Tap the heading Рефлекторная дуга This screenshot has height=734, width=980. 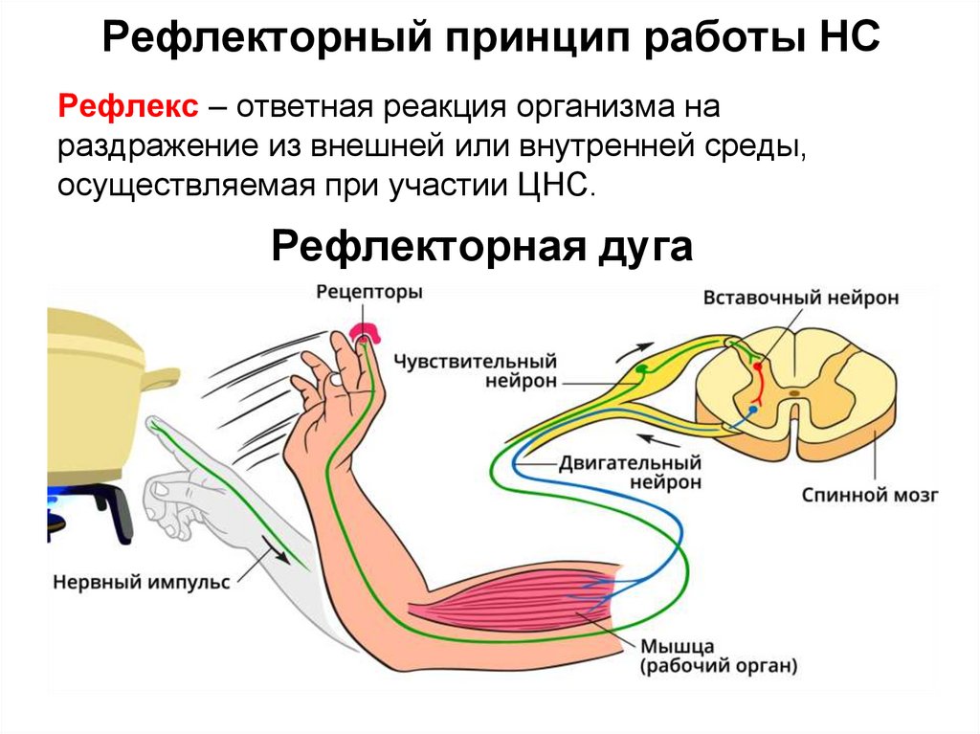click(481, 248)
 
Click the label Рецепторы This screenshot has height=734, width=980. click(369, 293)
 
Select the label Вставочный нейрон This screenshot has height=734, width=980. click(801, 298)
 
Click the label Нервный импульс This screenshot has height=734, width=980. click(142, 582)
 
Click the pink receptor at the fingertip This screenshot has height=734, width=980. click(365, 333)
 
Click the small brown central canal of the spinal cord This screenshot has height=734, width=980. click(794, 391)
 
